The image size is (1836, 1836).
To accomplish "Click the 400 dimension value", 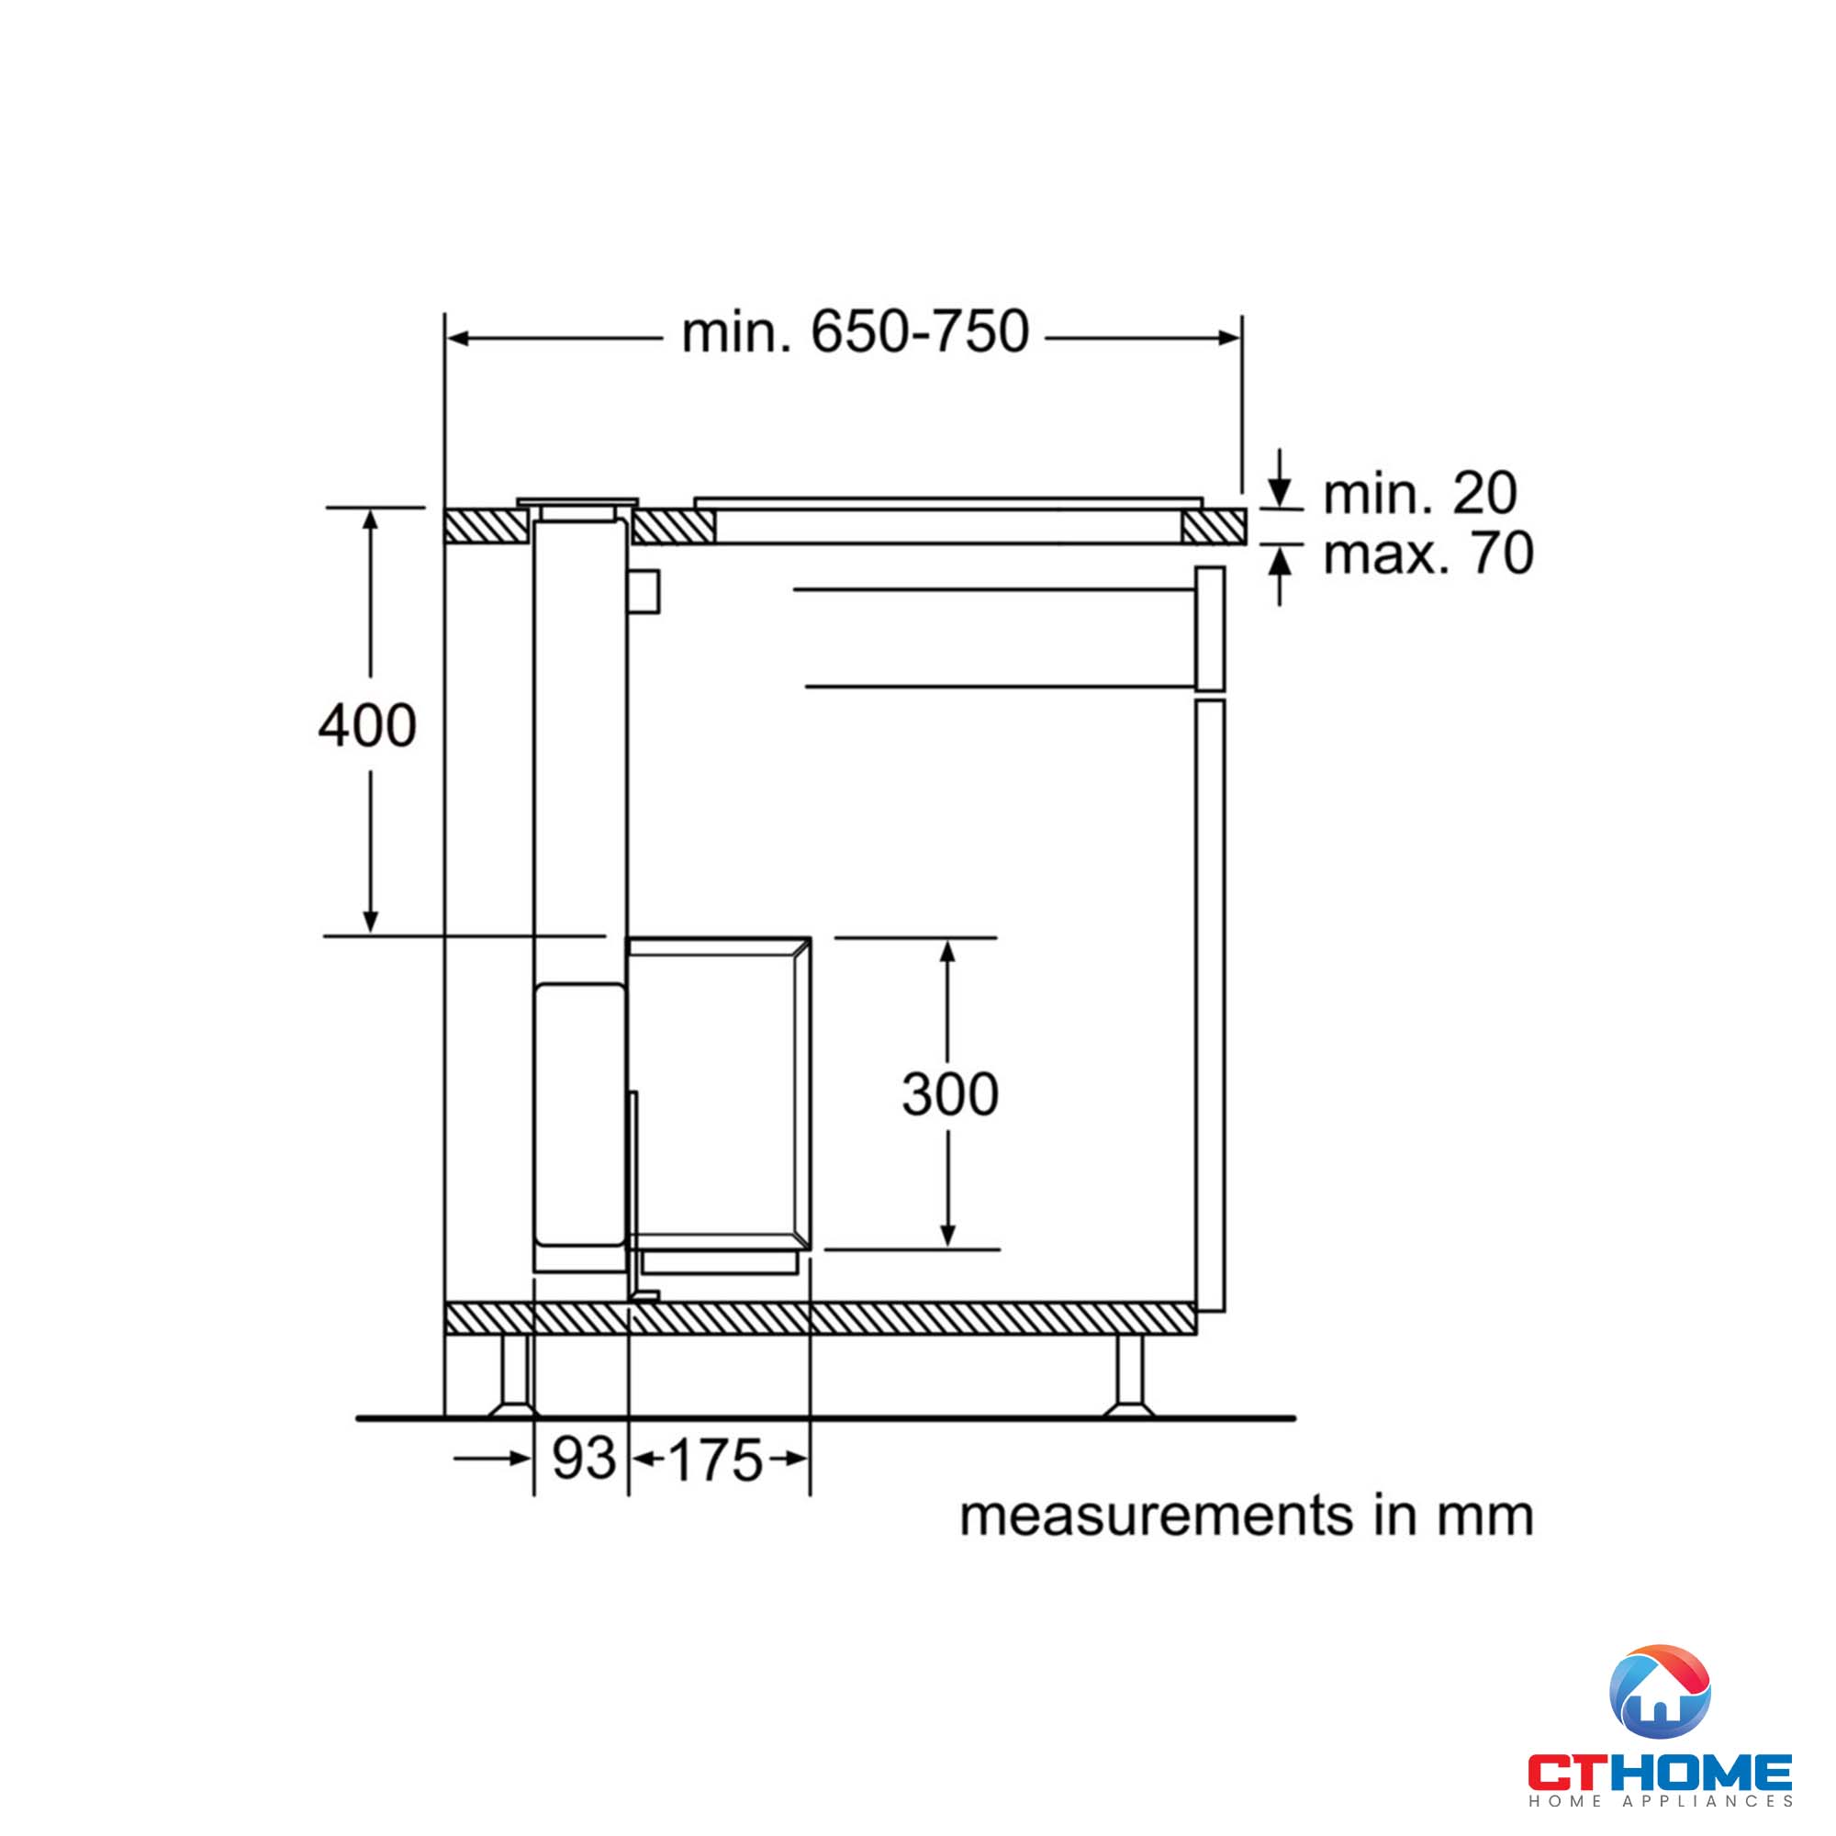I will (367, 726).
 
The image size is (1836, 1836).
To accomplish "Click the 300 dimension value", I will (949, 1094).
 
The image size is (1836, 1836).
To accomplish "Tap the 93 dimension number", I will (584, 1458).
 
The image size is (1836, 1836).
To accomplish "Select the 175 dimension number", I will (716, 1460).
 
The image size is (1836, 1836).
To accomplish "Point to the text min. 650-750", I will (855, 332).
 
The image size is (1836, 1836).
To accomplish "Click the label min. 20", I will (1420, 493).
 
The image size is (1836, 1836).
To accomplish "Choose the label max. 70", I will (1427, 554).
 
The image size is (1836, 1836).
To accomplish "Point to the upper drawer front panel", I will (1210, 628).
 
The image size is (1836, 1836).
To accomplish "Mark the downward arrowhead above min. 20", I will (1280, 495).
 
